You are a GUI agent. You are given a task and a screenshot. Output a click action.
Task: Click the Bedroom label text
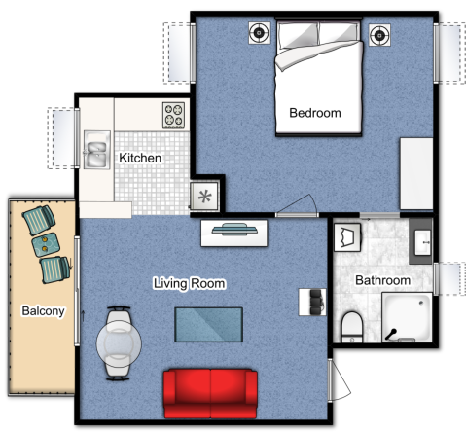click(x=315, y=113)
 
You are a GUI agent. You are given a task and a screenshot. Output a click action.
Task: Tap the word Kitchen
click(x=140, y=158)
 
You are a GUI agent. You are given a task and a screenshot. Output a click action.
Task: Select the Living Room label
click(x=190, y=283)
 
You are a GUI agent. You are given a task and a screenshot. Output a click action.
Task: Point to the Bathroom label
click(x=383, y=280)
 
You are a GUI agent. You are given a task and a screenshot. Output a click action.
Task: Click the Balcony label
click(x=43, y=311)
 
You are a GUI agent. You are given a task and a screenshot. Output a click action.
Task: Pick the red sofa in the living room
click(x=210, y=394)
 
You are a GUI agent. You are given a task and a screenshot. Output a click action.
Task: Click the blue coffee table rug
click(x=209, y=325)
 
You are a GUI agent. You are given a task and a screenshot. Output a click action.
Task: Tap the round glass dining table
click(x=119, y=343)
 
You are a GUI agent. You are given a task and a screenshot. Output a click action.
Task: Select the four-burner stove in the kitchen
click(x=173, y=115)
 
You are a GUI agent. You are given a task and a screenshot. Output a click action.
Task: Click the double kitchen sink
click(x=96, y=150)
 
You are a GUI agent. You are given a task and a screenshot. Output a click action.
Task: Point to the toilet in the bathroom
click(x=352, y=327)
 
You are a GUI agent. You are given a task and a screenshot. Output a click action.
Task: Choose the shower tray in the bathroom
click(x=407, y=317)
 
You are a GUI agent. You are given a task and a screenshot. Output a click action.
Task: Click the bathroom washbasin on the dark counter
click(x=423, y=242)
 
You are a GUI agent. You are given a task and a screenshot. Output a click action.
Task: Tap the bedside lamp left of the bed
click(x=260, y=33)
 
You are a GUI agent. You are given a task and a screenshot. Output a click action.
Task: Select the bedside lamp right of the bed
click(x=379, y=35)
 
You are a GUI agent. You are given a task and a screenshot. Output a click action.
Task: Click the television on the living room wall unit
click(x=234, y=230)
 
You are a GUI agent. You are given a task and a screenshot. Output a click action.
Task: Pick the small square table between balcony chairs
click(x=46, y=245)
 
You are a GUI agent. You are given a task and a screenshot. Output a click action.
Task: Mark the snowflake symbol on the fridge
click(x=204, y=197)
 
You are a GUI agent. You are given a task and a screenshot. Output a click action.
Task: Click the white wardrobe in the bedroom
click(x=416, y=174)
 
